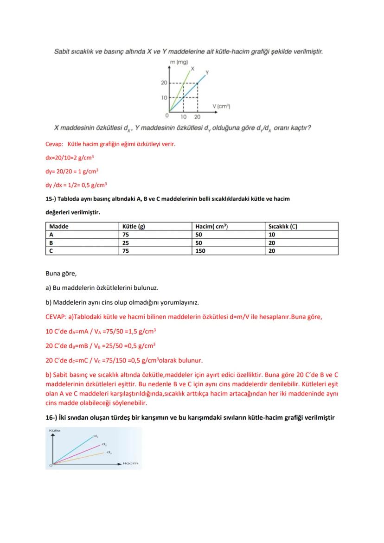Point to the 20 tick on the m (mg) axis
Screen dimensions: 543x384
164,83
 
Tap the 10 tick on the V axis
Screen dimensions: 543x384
184,116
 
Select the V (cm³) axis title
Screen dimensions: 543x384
221,106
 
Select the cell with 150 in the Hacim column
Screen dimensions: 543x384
200,251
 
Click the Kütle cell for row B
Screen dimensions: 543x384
126,243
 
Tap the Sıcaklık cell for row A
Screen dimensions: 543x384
272,235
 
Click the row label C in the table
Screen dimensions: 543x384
51,251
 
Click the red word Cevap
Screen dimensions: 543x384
53,144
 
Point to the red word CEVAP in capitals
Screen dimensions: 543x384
55,317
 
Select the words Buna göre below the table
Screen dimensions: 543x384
61,274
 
